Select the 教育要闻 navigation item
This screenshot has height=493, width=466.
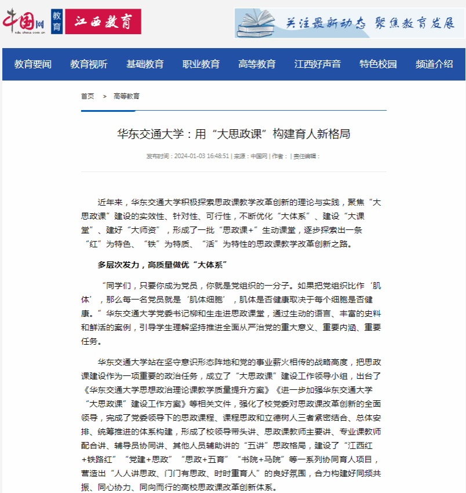click(33, 64)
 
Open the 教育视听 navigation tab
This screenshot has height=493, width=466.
click(89, 64)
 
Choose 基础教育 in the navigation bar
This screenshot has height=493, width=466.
click(145, 64)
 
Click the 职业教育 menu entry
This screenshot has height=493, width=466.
click(201, 64)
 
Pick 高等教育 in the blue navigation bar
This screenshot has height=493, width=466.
click(257, 64)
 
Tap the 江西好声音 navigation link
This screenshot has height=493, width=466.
click(318, 64)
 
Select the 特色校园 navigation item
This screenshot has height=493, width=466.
click(378, 64)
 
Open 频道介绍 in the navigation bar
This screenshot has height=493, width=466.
click(434, 64)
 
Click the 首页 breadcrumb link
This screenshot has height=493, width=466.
click(88, 96)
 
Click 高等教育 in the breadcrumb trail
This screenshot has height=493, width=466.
click(126, 96)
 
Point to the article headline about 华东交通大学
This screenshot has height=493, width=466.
click(234, 134)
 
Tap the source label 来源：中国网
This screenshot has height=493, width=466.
click(250, 156)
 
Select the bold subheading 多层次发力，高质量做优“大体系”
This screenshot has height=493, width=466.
click(162, 265)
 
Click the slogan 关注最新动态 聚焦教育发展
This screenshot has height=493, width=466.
click(370, 23)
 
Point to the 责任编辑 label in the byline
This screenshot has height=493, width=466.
click(307, 156)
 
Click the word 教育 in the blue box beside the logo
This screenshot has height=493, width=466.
click(56, 22)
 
